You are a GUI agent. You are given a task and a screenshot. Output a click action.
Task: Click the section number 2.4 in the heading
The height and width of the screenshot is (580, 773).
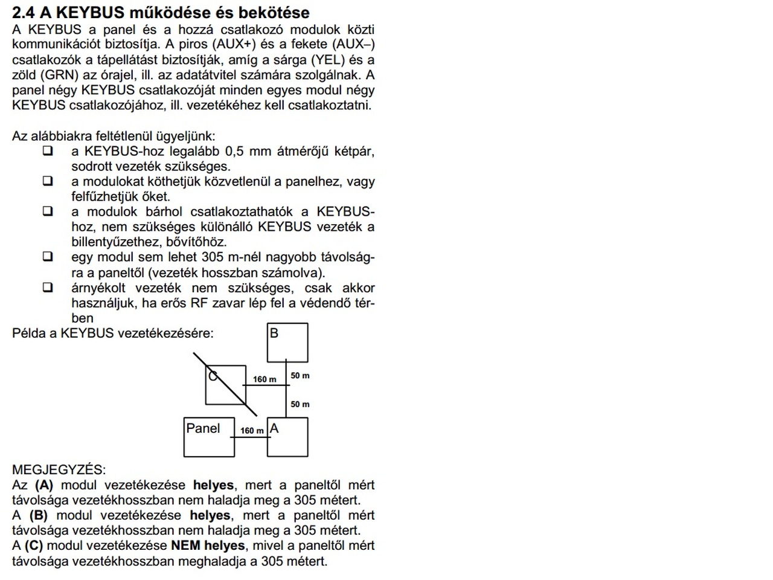[24, 12]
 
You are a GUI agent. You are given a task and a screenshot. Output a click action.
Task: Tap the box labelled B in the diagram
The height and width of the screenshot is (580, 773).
[287, 343]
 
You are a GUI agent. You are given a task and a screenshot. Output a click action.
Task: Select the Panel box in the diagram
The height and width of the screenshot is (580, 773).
[209, 437]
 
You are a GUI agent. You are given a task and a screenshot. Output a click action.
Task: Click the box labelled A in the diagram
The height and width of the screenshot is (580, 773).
[287, 437]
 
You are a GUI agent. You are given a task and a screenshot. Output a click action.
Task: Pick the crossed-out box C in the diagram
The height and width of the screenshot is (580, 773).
[225, 385]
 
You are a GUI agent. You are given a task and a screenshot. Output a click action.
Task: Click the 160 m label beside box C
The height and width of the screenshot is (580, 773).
[265, 379]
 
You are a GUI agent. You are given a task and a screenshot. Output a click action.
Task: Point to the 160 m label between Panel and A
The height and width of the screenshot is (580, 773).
[252, 431]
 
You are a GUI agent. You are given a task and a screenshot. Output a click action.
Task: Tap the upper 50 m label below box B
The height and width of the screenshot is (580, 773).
[300, 375]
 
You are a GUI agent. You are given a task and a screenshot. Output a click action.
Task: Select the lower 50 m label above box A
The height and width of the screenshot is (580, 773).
[300, 404]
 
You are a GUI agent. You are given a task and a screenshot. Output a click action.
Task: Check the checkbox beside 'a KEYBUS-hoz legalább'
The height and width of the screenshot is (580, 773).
[48, 151]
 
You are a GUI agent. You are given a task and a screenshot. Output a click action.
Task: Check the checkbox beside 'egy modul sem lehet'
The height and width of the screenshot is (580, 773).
[48, 257]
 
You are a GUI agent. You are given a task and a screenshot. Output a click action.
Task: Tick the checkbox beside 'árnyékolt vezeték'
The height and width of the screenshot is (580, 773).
[48, 288]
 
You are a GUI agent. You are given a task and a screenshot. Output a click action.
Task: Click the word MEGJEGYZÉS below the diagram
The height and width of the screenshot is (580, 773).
[59, 469]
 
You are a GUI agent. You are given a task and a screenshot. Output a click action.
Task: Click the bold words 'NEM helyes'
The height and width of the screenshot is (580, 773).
[208, 546]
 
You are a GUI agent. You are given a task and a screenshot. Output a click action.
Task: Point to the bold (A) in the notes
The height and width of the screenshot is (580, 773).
[44, 485]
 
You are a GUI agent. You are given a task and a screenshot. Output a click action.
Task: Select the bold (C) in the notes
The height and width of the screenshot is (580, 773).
[34, 546]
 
